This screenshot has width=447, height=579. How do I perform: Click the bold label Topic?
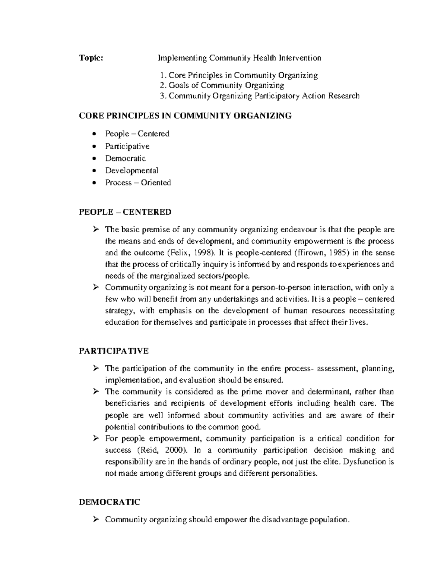point(91,58)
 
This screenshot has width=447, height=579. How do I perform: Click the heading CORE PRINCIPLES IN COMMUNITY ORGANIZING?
point(185,116)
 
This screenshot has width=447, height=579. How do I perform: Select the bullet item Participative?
point(127,146)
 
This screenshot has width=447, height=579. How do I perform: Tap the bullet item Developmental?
point(131,170)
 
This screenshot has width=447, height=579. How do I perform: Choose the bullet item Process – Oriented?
point(138,183)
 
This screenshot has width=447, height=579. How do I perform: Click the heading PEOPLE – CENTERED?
point(125,212)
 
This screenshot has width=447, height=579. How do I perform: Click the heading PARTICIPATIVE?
point(114,351)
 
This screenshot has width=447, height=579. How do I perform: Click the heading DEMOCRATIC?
point(110,502)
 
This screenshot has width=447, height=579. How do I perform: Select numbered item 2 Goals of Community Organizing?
point(222,85)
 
